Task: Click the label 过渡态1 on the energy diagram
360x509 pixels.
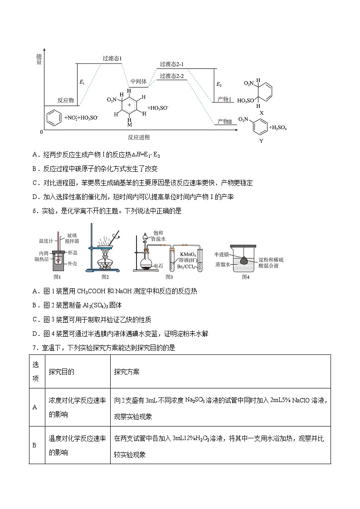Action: click(112, 58)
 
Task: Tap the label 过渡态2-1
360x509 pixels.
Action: click(171, 64)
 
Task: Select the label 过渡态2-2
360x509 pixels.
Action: click(171, 76)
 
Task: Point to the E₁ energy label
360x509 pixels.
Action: click(82, 82)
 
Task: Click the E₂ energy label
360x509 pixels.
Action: click(219, 84)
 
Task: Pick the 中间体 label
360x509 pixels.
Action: click(138, 82)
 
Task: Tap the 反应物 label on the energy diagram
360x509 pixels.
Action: click(66, 100)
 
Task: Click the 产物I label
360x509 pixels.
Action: click(224, 99)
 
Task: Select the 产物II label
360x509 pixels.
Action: click(224, 121)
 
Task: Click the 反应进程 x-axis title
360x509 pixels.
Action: click(139, 137)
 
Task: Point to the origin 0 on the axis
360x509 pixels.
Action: click(41, 132)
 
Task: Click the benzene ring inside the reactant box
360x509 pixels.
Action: click(54, 116)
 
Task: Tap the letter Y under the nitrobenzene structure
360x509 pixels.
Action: click(261, 141)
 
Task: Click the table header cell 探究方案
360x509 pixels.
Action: click(126, 372)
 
